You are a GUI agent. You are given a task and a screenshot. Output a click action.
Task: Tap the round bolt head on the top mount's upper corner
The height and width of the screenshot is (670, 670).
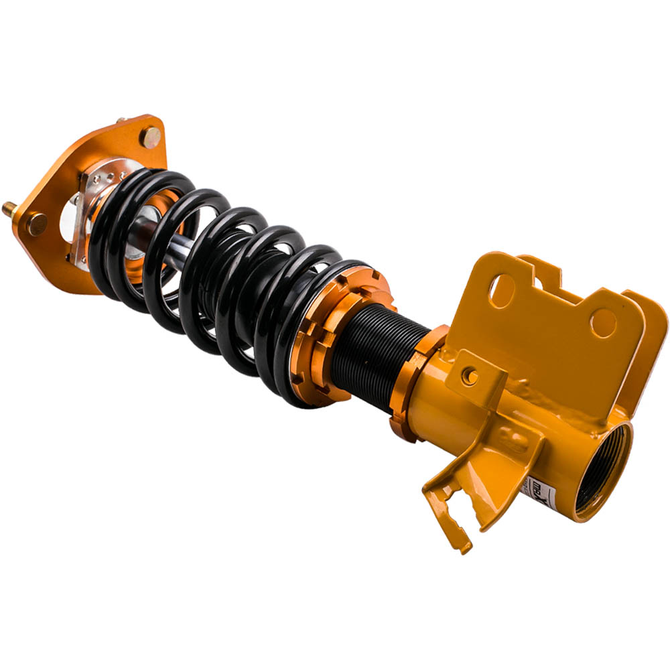coord(151,137)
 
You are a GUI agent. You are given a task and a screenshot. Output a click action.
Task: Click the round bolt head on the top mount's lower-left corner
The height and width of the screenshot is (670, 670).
coord(37,223)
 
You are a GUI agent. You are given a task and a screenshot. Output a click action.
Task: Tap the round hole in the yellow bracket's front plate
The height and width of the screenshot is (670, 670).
coord(603,323)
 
